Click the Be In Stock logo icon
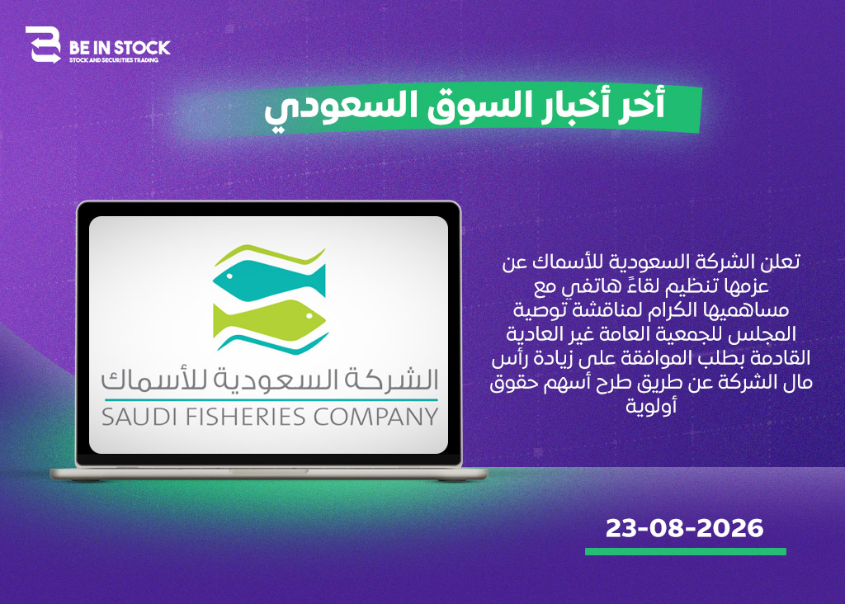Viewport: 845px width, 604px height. pos(43,45)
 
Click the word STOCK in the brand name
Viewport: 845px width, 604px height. pos(142,48)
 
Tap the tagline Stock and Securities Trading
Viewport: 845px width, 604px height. pos(114,60)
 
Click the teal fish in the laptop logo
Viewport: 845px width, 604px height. pos(270,281)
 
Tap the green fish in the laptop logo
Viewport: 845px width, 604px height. pos(270,322)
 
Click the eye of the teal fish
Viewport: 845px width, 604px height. pos(229,276)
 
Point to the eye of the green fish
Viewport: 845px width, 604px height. pos(310,316)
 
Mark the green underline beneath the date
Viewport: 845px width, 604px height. pos(686,552)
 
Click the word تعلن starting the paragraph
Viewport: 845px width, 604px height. pos(781,262)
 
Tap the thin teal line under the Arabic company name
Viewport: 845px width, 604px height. pos(271,400)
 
